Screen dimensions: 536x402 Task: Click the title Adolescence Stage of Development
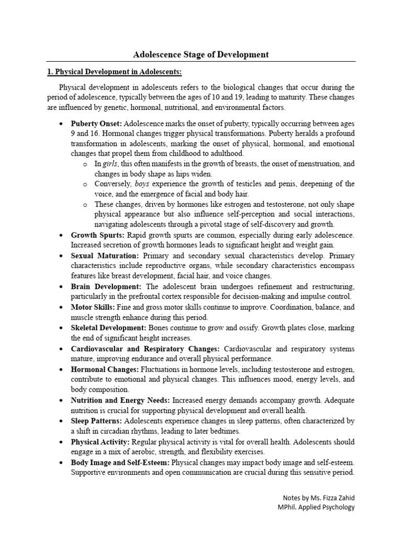[x=201, y=54]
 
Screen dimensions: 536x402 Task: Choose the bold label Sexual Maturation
[x=104, y=256]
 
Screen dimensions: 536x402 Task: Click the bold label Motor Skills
[x=93, y=307]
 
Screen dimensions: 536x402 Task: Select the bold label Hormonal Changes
[x=105, y=369]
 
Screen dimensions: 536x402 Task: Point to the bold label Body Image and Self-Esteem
[x=120, y=462]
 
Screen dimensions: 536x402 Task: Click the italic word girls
[x=109, y=164]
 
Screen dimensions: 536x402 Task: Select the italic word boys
[x=142, y=184]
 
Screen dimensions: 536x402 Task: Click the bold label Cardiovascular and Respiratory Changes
[x=145, y=349]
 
